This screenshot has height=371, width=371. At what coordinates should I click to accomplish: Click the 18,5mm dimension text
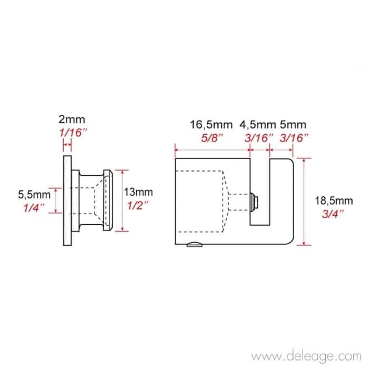[333, 200]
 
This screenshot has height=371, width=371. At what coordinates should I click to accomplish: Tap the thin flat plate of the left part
[66, 200]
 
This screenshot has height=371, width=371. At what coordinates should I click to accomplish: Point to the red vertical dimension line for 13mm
[123, 200]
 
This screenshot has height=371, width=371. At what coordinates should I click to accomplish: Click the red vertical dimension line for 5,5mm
[55, 200]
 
